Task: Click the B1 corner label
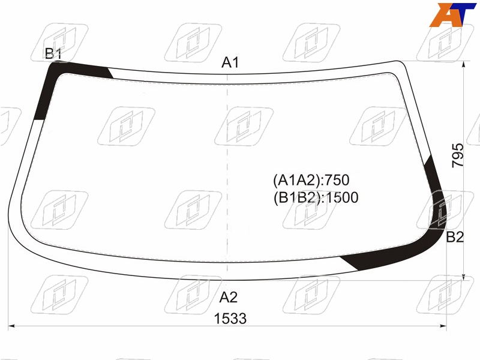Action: point(53,53)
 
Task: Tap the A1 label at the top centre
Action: point(230,62)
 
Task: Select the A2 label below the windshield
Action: point(229,297)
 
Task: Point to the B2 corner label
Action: point(455,237)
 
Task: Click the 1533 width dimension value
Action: point(230,319)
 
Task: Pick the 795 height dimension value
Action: point(458,155)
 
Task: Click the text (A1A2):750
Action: point(311,180)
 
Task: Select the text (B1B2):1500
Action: point(316,197)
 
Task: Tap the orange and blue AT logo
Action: point(452,15)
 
